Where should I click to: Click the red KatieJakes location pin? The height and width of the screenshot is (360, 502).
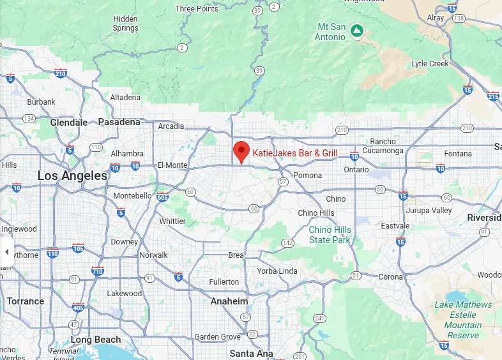241,151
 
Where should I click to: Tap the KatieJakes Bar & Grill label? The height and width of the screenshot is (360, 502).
295,153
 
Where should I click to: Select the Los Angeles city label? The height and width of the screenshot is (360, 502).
72,176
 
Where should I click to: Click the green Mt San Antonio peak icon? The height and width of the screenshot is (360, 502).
358,30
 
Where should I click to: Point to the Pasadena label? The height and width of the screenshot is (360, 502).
119,122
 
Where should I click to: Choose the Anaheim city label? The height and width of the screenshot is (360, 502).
229,301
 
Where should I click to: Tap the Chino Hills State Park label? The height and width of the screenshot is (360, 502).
330,235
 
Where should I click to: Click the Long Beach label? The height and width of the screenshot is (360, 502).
95,340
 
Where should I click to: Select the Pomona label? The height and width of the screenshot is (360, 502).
307,175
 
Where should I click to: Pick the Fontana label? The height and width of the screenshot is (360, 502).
458,154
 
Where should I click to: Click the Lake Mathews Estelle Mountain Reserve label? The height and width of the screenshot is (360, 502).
463,320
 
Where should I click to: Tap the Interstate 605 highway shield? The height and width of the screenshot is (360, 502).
163,197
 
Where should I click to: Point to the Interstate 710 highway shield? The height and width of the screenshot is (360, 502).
98,271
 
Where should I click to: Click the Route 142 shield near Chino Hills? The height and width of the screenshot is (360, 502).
287,243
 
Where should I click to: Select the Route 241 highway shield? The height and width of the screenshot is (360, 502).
320,318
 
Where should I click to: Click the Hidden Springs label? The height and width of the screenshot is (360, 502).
125,24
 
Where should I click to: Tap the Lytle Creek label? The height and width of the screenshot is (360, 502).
430,64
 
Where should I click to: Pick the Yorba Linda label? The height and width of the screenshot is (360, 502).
277,271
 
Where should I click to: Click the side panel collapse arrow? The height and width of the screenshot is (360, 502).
6,252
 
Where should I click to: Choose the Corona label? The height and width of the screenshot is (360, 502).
390,277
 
